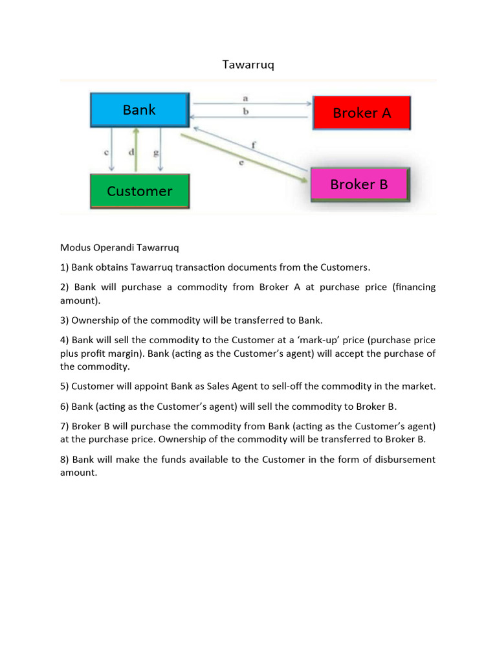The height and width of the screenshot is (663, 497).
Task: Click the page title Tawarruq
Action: tap(248, 65)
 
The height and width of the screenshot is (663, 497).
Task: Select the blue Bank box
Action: tap(139, 110)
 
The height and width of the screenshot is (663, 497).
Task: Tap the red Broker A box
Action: tap(361, 113)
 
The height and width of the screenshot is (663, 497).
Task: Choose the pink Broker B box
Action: tap(359, 185)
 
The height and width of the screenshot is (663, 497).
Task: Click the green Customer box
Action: tap(139, 191)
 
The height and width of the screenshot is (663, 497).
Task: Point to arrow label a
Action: tap(245, 98)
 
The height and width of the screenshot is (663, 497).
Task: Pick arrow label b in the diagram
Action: tap(245, 111)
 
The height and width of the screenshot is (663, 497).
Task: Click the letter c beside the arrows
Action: tap(105, 153)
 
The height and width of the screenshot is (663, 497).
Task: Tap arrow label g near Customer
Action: tap(155, 153)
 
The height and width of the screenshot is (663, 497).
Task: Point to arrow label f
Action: tap(252, 145)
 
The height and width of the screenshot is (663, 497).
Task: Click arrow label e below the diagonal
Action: tap(241, 163)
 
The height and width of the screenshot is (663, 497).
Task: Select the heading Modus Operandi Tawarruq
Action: tap(119, 247)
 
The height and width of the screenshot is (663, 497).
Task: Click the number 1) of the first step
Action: tap(64, 267)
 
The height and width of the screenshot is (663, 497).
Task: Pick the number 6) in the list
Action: tap(64, 407)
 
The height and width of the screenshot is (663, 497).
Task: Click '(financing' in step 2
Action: tap(414, 287)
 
